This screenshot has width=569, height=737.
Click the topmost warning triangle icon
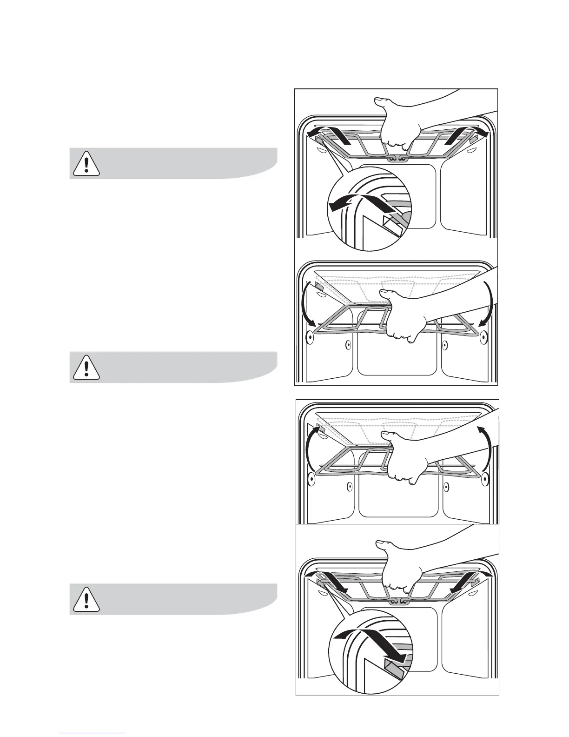click(86, 163)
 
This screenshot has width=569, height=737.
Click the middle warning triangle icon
click(86, 367)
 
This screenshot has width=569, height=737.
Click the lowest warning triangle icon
click(86, 599)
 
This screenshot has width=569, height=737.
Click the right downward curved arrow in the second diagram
click(486, 305)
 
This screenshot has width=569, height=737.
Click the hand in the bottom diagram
click(400, 563)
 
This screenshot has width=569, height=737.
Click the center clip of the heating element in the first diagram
click(397, 159)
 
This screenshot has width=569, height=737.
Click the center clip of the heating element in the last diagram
click(397, 602)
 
